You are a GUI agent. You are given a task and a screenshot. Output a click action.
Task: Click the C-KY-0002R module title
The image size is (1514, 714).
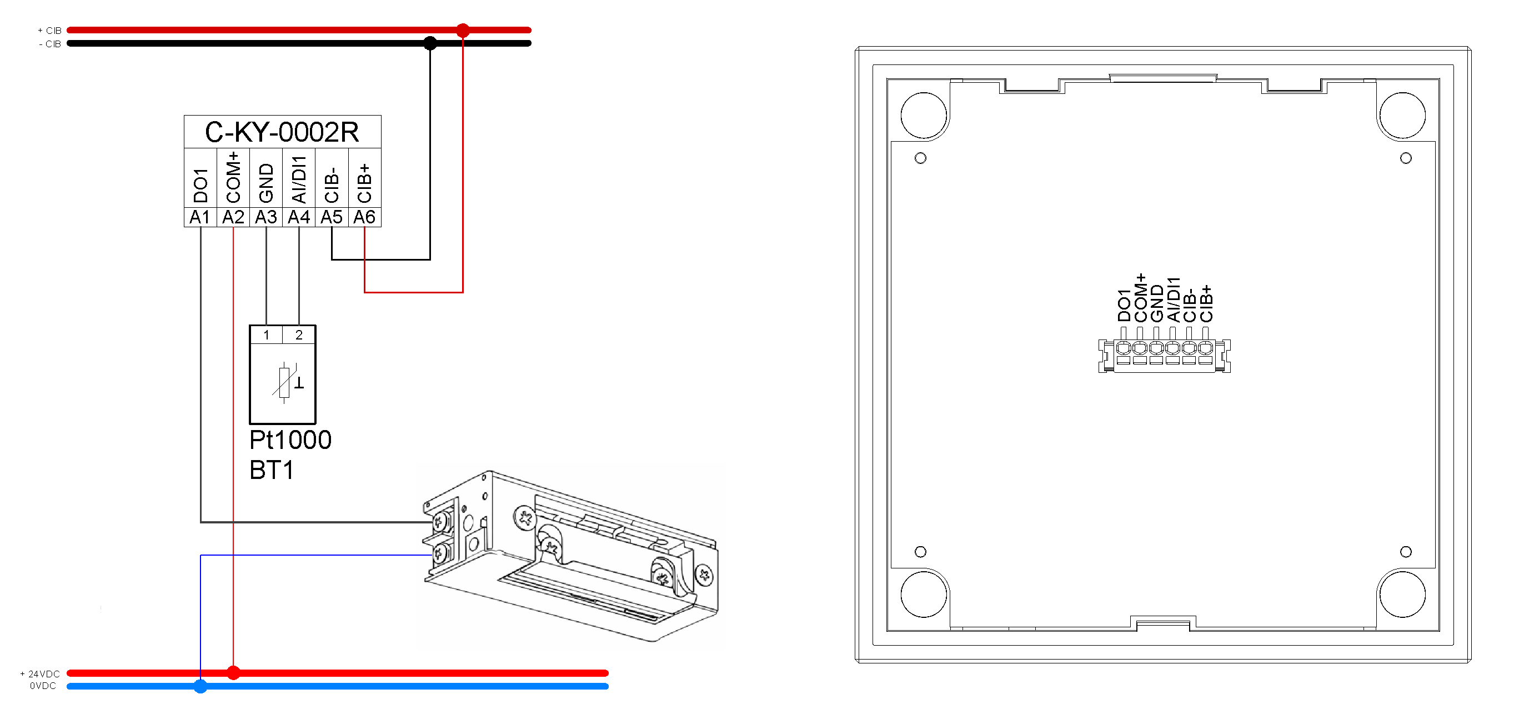[282, 132]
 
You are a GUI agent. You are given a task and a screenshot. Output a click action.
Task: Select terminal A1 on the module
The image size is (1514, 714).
[200, 217]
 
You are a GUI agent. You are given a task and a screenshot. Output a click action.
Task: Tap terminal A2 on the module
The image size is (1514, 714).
[233, 217]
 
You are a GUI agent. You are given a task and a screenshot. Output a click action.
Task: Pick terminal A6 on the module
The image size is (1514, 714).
[364, 217]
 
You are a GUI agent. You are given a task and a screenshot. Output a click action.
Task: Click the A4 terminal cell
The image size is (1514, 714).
[299, 217]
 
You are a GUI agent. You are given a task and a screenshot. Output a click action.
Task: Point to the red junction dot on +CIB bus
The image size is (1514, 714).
[463, 30]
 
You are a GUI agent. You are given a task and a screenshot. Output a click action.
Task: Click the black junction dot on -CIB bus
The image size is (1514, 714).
[430, 43]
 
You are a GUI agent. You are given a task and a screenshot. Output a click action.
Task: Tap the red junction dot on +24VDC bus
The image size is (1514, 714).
[233, 672]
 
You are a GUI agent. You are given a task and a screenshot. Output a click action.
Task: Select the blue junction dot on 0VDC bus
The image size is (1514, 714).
[200, 686]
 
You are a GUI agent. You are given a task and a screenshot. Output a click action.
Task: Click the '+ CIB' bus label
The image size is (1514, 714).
[49, 31]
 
